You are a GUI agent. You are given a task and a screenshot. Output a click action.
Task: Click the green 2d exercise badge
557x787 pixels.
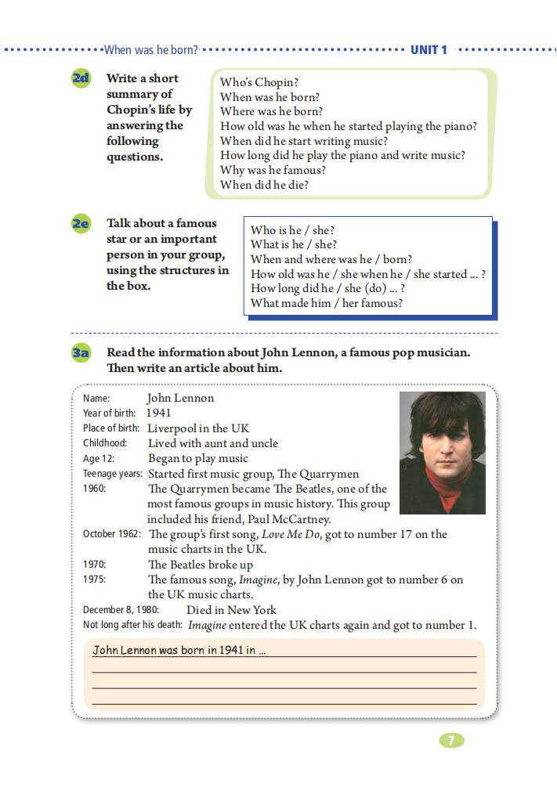(81, 78)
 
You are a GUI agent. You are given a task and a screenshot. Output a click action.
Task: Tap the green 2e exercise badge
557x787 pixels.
(81, 224)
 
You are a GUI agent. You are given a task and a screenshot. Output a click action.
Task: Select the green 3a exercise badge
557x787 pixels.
(81, 353)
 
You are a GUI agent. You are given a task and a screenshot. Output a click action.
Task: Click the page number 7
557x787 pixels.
(451, 740)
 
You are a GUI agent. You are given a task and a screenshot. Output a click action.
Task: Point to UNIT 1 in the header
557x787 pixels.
(429, 49)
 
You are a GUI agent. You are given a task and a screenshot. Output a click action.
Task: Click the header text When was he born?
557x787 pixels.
(151, 49)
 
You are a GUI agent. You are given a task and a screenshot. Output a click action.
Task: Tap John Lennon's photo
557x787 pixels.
(442, 453)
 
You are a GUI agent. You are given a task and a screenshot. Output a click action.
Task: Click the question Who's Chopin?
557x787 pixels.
(259, 82)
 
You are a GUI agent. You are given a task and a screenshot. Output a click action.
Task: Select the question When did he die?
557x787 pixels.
(264, 185)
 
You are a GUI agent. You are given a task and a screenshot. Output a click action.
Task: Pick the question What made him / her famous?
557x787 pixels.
(326, 303)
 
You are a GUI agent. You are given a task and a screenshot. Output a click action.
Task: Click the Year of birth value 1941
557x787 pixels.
(158, 413)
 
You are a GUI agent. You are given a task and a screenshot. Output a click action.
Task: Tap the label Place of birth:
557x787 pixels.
(111, 428)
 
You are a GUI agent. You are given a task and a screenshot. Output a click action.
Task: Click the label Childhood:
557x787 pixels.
(105, 443)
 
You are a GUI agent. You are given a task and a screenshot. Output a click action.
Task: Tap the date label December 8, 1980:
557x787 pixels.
(121, 610)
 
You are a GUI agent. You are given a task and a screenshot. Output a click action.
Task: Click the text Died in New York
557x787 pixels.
(231, 610)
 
